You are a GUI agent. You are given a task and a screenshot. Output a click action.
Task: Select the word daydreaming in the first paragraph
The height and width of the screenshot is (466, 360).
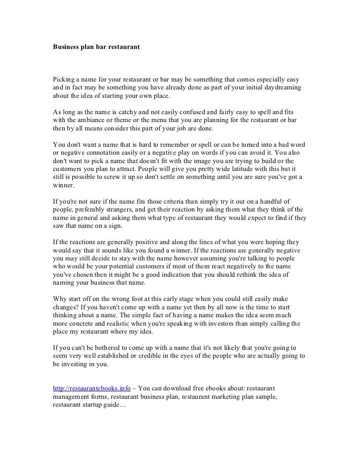pyautogui.click(x=282, y=87)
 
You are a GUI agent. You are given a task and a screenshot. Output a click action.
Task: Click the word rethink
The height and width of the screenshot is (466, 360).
pyautogui.click(x=243, y=274)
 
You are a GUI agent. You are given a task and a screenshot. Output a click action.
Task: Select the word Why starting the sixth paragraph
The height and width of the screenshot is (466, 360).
pyautogui.click(x=60, y=299)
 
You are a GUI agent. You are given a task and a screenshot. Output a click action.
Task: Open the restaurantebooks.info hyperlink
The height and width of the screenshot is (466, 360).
pyautogui.click(x=91, y=388)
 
